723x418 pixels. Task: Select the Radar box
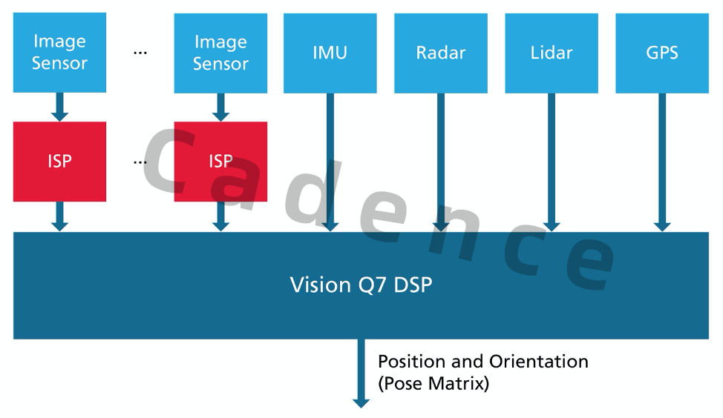[x=441, y=53]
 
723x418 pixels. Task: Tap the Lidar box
[x=552, y=53]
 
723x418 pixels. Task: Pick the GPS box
[x=662, y=53]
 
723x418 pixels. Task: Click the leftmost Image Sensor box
[x=59, y=53]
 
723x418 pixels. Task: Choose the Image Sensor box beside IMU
[x=220, y=53]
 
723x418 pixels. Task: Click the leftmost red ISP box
[x=59, y=162]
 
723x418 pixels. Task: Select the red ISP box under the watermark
[x=220, y=162]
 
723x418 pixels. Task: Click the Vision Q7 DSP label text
[x=361, y=285]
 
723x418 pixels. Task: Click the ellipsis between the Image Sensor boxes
[x=140, y=53]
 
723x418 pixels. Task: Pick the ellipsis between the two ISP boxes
[x=140, y=162]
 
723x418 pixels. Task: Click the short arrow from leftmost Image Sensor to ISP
[x=59, y=107]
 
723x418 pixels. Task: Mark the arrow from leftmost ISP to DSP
[x=59, y=216]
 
